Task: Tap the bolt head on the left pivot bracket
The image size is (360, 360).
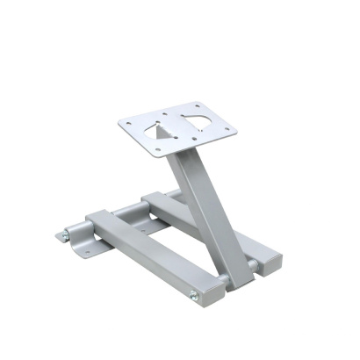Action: click(x=66, y=235)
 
